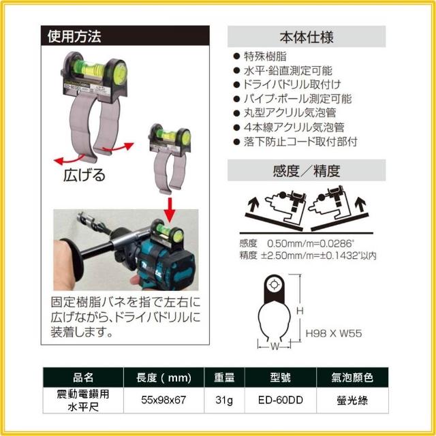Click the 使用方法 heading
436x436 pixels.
[74, 36]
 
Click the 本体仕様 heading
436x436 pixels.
[307, 37]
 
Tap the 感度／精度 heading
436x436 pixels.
[307, 170]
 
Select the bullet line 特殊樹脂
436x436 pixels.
[260, 57]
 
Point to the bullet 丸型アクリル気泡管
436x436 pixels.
[285, 112]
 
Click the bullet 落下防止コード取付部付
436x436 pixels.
[295, 142]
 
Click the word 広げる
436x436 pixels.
[84, 175]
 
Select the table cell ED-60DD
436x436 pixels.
[280, 400]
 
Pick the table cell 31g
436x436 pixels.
[224, 400]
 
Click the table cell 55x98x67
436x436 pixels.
[163, 400]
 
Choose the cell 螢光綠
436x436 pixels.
[352, 400]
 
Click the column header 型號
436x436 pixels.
[280, 377]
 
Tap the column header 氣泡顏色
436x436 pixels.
[352, 377]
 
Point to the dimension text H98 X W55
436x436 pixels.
[334, 333]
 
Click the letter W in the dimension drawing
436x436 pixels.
[275, 346]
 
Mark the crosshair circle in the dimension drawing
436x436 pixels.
[275, 285]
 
